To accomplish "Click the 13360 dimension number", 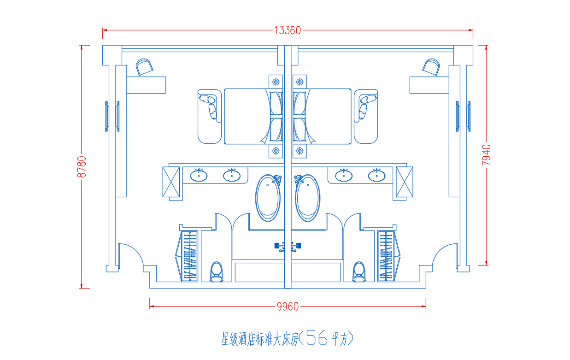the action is tap(288, 30).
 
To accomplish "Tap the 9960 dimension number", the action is tap(288, 307).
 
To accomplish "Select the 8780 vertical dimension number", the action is tap(82, 167).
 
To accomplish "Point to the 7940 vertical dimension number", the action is tap(486, 155).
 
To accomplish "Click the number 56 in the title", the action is tap(317, 338).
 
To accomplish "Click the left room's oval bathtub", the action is tap(268, 198).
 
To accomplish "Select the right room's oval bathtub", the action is tap(307, 198).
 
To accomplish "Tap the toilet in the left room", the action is tap(217, 272).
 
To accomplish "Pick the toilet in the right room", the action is tap(359, 272).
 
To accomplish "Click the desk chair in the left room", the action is tap(144, 67).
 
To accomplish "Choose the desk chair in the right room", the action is tap(431, 67).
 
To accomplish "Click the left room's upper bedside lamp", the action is tap(276, 82).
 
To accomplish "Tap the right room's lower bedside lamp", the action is tap(300, 151).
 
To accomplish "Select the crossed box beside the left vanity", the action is tap(171, 182).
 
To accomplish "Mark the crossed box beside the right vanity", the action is tap(405, 182).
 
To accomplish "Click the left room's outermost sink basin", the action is tap(199, 176).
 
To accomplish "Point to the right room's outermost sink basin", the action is tap(377, 176).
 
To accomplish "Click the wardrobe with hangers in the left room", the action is tap(187, 256).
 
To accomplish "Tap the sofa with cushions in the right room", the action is tap(366, 117).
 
